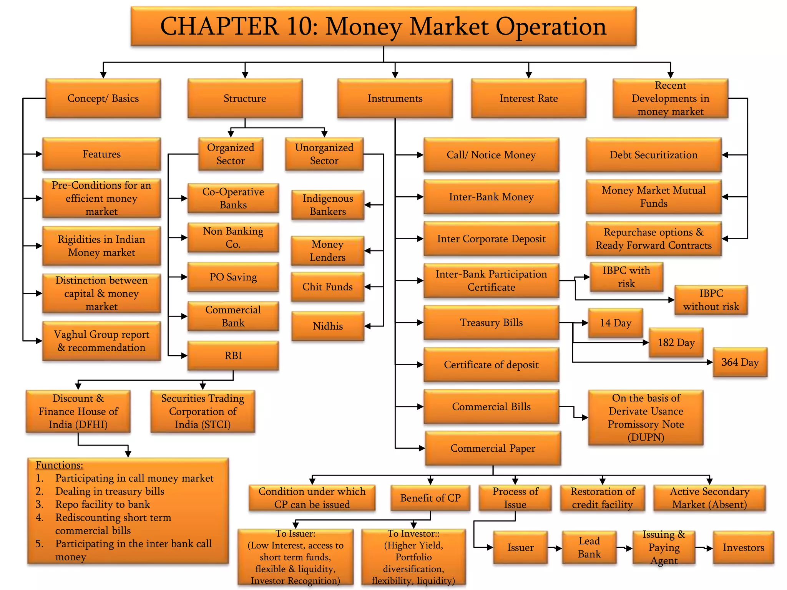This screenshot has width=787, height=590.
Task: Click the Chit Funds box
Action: tap(327, 287)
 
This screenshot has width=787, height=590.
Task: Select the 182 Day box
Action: tap(676, 343)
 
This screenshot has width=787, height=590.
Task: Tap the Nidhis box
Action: tap(327, 326)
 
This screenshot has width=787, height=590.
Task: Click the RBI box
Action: tap(233, 356)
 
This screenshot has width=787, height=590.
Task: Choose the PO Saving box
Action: tap(233, 277)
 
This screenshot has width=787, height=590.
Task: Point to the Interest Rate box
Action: tap(528, 98)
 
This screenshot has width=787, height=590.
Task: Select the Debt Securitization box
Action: tap(653, 155)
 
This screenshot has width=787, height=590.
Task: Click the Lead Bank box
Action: tap(589, 547)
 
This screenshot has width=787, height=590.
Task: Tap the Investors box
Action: tap(743, 547)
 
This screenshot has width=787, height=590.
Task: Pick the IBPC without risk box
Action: tap(711, 300)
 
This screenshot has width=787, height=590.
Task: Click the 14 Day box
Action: tap(615, 323)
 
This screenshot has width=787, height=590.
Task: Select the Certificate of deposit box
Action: tap(491, 365)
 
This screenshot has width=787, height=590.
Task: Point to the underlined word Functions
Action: tap(59, 465)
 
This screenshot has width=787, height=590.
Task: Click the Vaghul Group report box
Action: tap(101, 341)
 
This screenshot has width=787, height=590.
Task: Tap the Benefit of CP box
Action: tap(430, 498)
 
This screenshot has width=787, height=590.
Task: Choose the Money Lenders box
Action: tap(327, 251)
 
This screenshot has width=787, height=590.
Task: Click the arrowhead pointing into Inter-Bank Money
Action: tap(420, 197)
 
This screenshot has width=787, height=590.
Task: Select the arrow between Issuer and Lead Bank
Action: tap(555, 548)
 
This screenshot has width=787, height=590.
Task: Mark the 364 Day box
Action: tap(740, 362)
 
